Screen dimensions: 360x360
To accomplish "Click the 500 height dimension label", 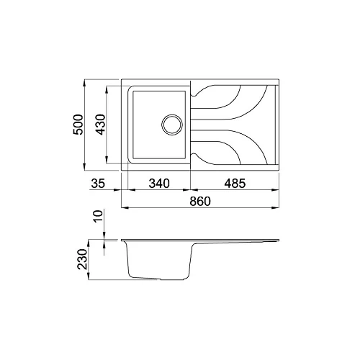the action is click(x=78, y=125).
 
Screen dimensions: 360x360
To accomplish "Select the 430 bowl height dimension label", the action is click(x=100, y=125).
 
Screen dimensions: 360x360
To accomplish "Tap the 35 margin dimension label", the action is click(x=98, y=184).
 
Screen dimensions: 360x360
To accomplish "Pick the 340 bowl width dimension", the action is click(x=159, y=184).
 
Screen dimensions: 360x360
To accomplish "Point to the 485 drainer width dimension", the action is click(x=235, y=184).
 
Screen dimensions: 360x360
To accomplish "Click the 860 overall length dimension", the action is click(x=200, y=201).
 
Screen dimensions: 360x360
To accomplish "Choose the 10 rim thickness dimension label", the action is click(x=99, y=216).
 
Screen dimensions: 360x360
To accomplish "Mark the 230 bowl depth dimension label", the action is click(x=82, y=259).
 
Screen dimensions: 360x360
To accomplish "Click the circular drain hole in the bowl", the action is click(x=172, y=125).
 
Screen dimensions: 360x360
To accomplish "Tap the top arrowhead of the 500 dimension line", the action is click(x=84, y=83).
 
